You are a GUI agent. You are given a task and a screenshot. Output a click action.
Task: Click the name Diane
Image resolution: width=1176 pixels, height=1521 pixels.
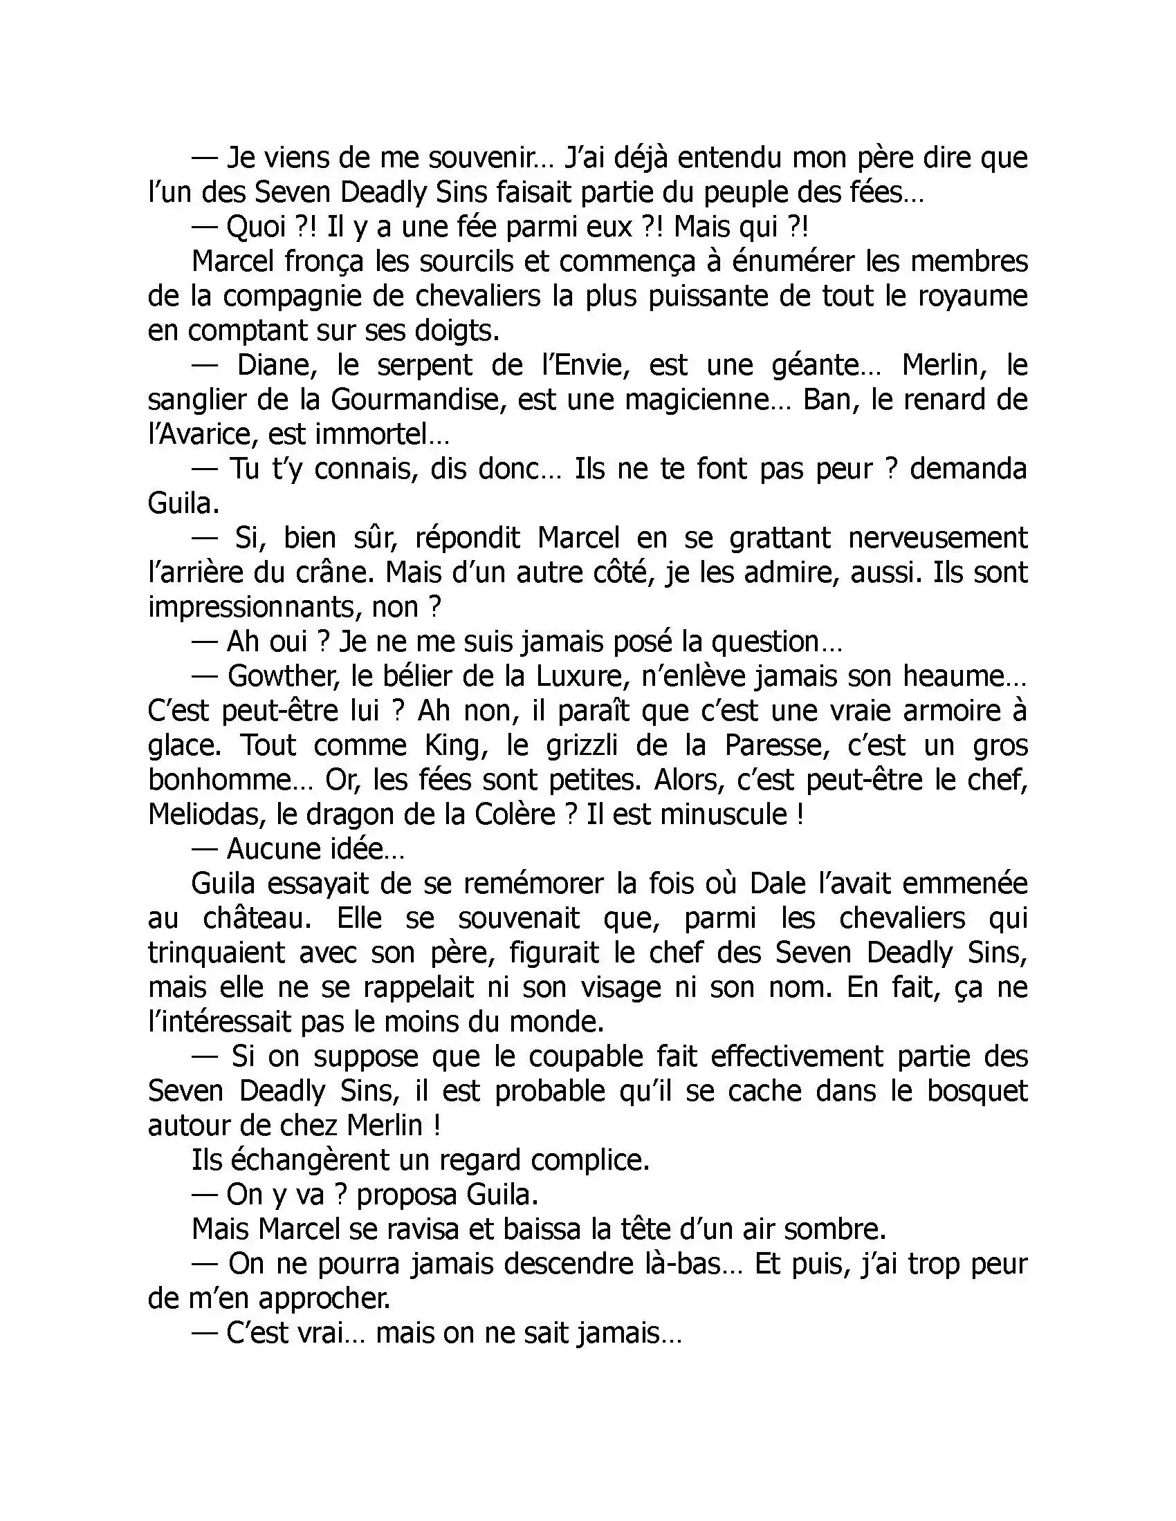pos(277,366)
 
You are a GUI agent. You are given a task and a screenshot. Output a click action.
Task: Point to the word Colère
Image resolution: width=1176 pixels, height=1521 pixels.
pos(516,814)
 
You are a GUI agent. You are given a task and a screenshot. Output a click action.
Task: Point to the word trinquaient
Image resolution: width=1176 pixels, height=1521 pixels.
pos(217,953)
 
